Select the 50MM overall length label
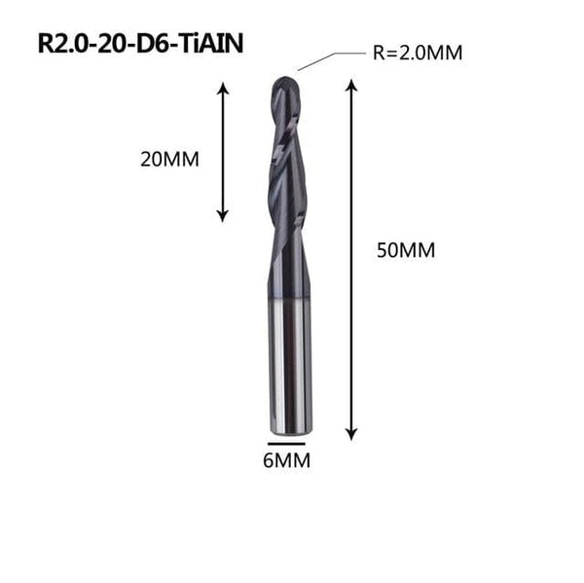pyautogui.click(x=405, y=250)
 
